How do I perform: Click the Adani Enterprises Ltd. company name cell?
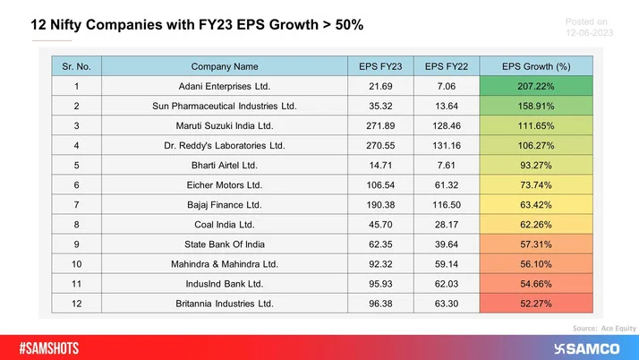[225, 86]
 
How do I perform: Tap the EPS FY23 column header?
[380, 65]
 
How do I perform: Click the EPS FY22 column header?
[447, 65]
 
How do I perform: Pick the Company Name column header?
[225, 65]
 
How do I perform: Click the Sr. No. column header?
[77, 65]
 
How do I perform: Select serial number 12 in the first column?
[77, 303]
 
